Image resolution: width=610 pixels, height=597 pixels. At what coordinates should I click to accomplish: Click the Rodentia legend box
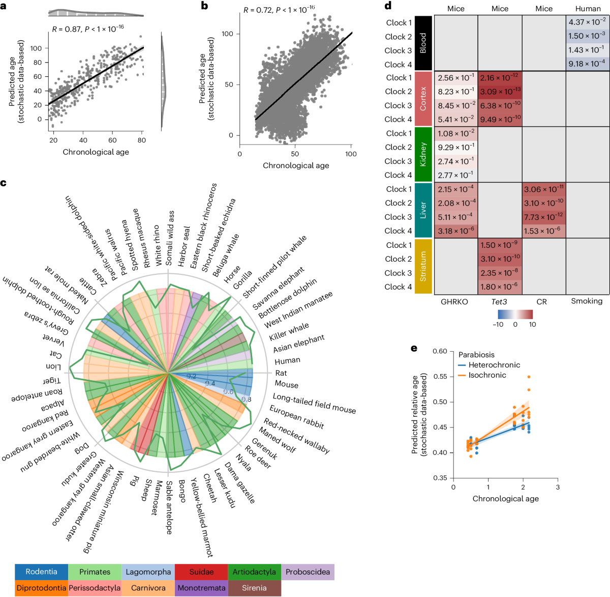click(x=41, y=572)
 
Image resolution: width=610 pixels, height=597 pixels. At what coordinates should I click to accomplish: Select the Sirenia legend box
click(x=254, y=588)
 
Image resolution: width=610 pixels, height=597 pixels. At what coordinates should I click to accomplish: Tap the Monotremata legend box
click(x=201, y=588)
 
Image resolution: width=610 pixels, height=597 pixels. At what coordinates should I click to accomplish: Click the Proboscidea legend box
click(x=308, y=572)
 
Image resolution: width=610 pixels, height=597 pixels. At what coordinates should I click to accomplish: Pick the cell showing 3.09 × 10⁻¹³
click(x=500, y=92)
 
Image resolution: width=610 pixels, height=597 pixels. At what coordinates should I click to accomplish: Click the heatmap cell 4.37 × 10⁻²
click(x=588, y=22)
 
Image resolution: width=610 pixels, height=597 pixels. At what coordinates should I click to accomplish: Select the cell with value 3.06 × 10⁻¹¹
click(x=543, y=189)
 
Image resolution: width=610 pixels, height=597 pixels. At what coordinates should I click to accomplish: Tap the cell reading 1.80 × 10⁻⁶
click(x=500, y=287)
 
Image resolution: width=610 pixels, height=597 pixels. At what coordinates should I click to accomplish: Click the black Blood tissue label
click(x=423, y=43)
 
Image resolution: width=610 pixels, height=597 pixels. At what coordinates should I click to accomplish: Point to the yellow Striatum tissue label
click(x=423, y=266)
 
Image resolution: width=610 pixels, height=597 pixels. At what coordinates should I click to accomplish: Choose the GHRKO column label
click(x=454, y=301)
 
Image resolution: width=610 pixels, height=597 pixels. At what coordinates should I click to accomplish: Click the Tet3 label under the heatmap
click(x=499, y=301)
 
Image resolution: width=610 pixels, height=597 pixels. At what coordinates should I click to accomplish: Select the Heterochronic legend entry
click(x=486, y=365)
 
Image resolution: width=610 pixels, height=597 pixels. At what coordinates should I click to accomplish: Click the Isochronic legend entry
click(x=486, y=375)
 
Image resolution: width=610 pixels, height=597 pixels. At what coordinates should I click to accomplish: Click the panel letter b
click(x=204, y=6)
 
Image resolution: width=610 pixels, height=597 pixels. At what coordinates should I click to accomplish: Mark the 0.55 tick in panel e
click(x=440, y=377)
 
